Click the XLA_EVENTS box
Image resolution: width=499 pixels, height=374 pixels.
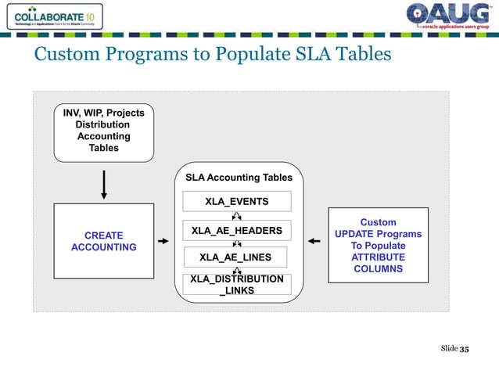click(x=236, y=201)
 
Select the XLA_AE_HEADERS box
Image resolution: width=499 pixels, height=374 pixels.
click(x=236, y=230)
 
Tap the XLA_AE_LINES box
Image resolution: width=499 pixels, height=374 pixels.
click(x=236, y=257)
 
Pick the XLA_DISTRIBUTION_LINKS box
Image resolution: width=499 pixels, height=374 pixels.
click(x=236, y=285)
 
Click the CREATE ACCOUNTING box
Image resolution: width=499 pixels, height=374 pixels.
click(x=103, y=241)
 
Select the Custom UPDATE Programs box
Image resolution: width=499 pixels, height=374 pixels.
click(x=378, y=245)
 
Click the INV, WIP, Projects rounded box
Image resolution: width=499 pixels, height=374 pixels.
click(x=103, y=131)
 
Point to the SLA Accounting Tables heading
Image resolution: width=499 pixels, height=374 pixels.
click(x=238, y=178)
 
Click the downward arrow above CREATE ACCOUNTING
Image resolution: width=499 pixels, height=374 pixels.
click(x=103, y=185)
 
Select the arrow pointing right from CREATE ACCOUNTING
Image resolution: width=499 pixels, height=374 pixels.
click(x=163, y=242)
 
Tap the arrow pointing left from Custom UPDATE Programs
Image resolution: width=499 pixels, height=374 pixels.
click(x=314, y=242)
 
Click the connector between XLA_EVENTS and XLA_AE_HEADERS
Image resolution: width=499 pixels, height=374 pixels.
click(x=236, y=216)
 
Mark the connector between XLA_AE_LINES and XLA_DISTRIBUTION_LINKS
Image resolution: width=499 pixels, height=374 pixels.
click(x=236, y=271)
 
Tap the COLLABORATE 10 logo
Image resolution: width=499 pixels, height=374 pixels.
click(x=52, y=16)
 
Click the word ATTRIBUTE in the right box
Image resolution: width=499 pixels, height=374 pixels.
click(x=378, y=257)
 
